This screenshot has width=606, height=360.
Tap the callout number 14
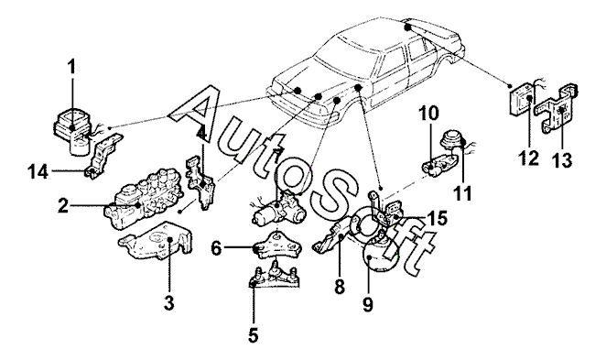click(38, 171)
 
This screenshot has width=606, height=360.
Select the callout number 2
click(63, 205)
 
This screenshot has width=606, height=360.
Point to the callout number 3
click(168, 303)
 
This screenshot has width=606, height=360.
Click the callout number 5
click(254, 335)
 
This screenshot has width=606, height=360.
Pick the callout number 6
click(216, 248)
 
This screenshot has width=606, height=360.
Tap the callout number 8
click(340, 287)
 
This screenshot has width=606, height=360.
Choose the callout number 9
click(368, 303)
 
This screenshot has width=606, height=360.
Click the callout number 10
click(427, 114)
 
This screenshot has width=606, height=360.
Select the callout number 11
click(462, 193)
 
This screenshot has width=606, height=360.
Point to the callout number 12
click(529, 158)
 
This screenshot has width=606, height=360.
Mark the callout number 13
click(561, 160)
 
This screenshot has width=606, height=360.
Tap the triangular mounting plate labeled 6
click(276, 245)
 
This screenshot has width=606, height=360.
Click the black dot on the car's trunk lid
click(407, 27)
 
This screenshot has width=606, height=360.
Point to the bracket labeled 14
click(103, 157)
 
